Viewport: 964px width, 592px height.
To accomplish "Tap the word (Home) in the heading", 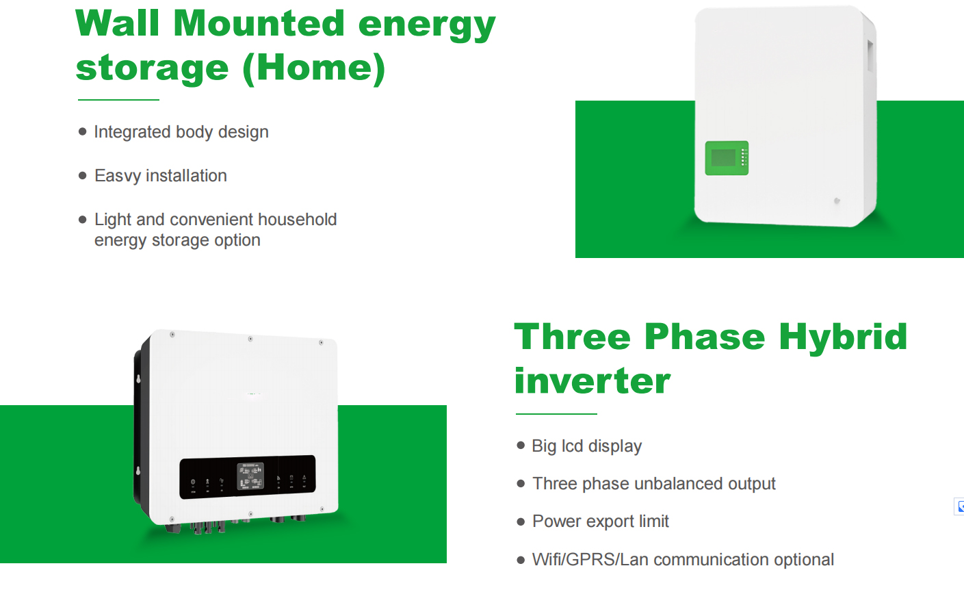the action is pyautogui.click(x=314, y=68).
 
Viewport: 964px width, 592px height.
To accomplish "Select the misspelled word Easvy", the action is pyautogui.click(x=117, y=176).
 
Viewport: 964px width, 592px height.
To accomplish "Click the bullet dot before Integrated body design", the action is pyautogui.click(x=83, y=131).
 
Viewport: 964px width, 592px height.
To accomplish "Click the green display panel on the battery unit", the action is pyautogui.click(x=727, y=158).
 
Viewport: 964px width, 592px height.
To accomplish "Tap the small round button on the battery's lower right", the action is pyautogui.click(x=837, y=201).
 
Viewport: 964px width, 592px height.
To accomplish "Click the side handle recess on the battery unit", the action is pyautogui.click(x=870, y=56).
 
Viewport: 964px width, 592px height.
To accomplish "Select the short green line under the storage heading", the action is pyautogui.click(x=118, y=100).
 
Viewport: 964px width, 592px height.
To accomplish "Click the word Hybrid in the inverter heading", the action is pyautogui.click(x=843, y=337).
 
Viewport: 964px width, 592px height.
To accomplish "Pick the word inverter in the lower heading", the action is pyautogui.click(x=592, y=381).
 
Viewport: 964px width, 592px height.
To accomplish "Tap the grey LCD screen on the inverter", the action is pyautogui.click(x=250, y=476).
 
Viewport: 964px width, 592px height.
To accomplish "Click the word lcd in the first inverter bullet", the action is pyautogui.click(x=572, y=446).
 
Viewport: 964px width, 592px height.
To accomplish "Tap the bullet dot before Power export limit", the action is pyautogui.click(x=521, y=522).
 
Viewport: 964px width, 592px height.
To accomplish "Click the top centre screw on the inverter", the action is pyautogui.click(x=250, y=339).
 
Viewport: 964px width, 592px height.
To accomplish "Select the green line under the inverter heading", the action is pyautogui.click(x=556, y=414).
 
